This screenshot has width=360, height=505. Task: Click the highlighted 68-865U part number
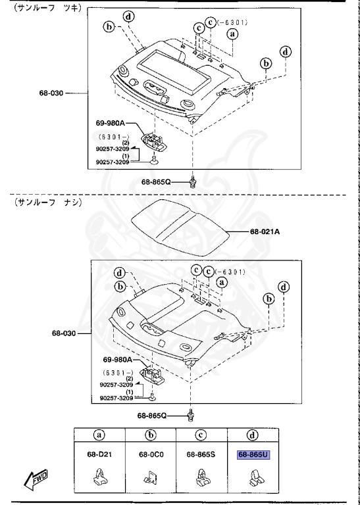253,454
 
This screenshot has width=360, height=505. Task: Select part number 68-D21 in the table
98,454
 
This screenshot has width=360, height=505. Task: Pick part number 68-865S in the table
201,454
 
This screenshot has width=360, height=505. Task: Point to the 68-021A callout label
265,231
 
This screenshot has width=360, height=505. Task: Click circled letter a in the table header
98,434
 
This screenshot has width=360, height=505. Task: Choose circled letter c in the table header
201,434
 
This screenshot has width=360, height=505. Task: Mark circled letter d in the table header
253,434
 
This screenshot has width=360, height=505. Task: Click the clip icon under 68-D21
99,477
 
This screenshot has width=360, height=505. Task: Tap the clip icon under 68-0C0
150,477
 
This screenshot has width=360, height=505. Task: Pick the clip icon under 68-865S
201,477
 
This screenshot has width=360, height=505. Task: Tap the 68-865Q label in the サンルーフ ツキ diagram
156,181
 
